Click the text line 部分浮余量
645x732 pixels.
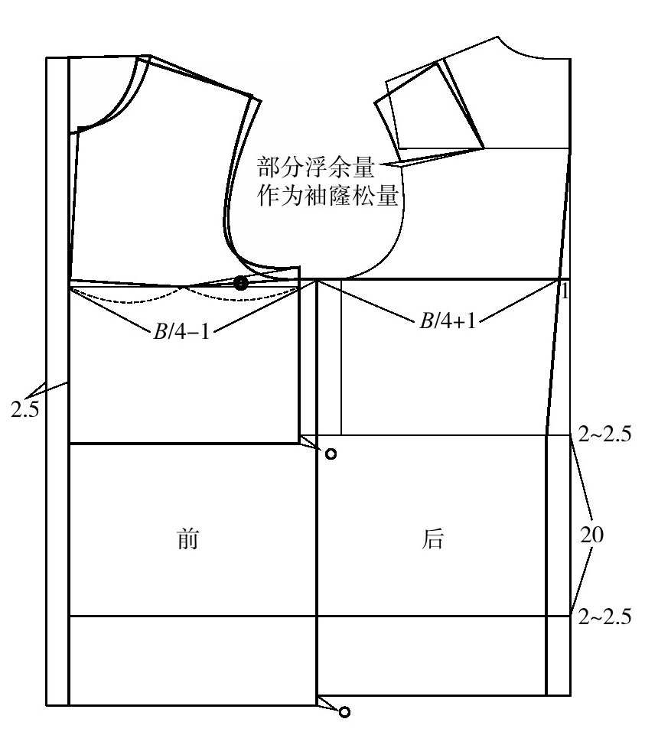tap(316, 167)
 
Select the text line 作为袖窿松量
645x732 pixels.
tap(327, 195)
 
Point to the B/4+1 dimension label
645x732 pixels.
tap(448, 320)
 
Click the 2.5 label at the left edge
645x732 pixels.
tap(24, 410)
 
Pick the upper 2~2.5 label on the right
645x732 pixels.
tap(604, 434)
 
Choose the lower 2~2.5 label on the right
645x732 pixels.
tap(604, 617)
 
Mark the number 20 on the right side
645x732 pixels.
tap(591, 534)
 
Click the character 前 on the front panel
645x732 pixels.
tap(187, 539)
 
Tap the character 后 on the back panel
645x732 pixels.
tap(432, 539)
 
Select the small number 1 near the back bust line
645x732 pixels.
tap(565, 291)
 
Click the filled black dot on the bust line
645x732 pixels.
tap(240, 283)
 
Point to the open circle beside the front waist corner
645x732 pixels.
tap(331, 454)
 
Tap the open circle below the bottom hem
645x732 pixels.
tap(344, 712)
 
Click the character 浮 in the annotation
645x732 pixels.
tap(316, 167)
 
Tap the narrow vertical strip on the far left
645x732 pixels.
tap(57, 381)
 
